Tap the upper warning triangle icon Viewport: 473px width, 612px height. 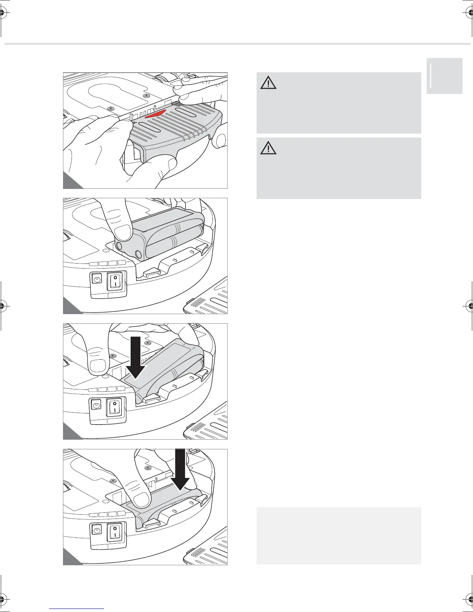point(268,83)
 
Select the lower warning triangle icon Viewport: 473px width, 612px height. point(268,149)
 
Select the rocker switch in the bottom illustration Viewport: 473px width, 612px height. point(115,532)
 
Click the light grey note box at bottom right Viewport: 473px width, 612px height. point(339,536)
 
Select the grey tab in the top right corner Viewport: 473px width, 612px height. point(444,76)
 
